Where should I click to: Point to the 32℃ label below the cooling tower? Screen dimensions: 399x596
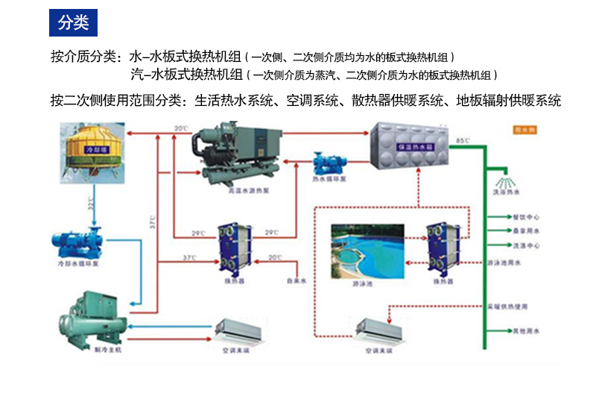91,202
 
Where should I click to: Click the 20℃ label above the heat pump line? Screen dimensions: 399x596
182,128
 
